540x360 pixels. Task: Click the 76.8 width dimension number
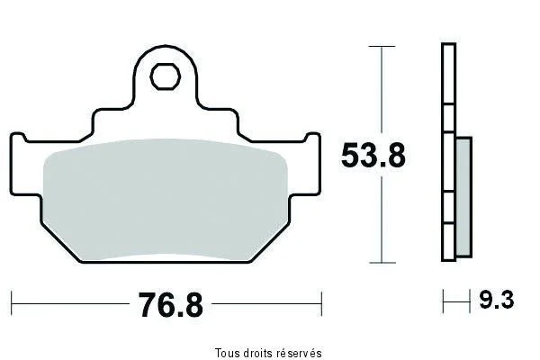170,305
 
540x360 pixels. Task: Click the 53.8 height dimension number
373,156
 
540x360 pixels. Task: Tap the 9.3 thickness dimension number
497,300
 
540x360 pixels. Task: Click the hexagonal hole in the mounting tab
166,76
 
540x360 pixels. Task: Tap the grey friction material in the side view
463,197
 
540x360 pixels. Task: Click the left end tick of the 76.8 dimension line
12,303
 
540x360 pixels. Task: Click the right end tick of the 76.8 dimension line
321,303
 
